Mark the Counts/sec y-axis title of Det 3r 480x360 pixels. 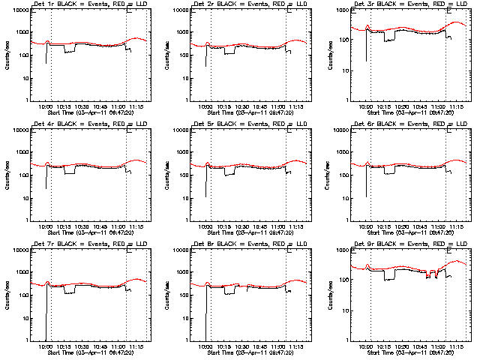tap(329, 55)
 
